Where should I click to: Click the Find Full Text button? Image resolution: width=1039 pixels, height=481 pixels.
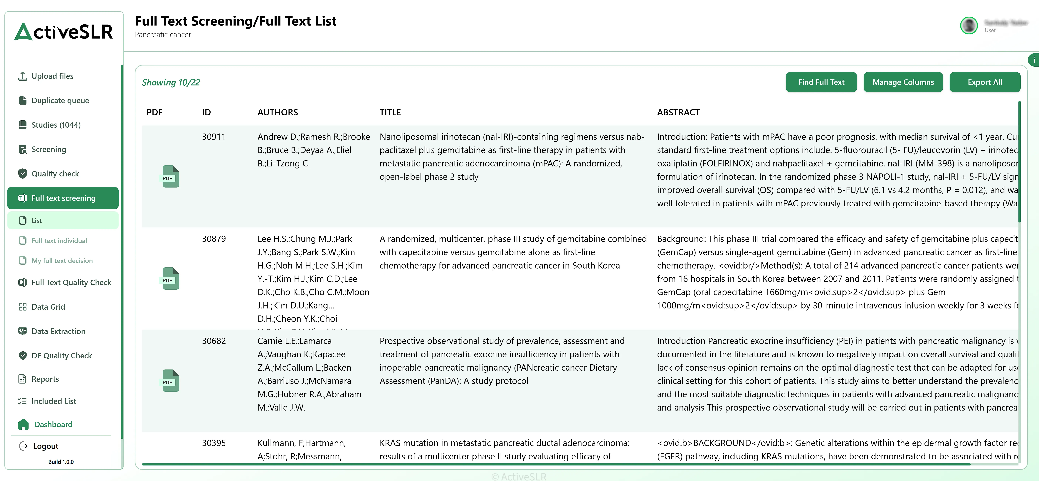821,82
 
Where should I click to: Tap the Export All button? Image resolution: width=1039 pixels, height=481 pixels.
985,82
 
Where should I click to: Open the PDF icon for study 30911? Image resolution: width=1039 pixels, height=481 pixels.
171,177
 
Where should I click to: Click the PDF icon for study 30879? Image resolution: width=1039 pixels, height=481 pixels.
171,279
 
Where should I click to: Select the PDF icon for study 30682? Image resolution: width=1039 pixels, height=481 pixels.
171,381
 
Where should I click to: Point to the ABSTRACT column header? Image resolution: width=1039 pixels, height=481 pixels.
678,112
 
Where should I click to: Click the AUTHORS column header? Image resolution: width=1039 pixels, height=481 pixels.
278,112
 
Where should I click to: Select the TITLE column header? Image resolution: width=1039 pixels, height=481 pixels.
390,112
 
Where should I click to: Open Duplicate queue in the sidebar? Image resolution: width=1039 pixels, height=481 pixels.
60,100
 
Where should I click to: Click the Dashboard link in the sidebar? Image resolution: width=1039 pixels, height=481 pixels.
53,425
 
